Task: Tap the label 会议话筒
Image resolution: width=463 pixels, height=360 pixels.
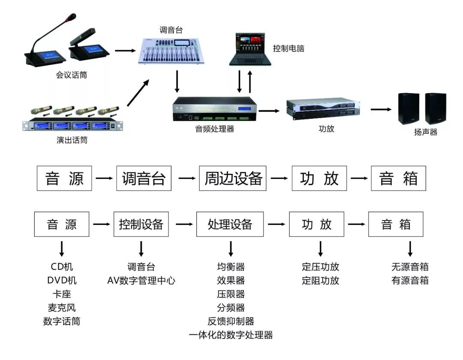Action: click(x=72, y=75)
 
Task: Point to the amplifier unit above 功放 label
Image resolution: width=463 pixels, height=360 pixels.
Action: click(x=321, y=108)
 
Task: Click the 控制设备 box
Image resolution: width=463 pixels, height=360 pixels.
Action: click(x=141, y=224)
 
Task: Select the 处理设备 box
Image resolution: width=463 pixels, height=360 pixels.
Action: click(x=230, y=224)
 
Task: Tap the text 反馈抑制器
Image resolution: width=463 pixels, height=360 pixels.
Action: click(x=231, y=321)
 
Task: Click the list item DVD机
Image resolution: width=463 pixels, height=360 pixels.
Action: click(x=62, y=281)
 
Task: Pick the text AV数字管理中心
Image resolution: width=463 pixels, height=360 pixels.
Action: click(x=141, y=281)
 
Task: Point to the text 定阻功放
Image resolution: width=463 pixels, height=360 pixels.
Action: click(x=320, y=281)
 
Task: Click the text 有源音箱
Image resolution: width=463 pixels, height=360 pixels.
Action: click(x=409, y=281)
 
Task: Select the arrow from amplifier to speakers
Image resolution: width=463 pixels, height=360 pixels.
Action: click(x=381, y=109)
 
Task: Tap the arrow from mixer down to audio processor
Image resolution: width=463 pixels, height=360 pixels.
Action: click(x=177, y=82)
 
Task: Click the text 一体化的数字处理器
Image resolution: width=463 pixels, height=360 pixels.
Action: click(x=231, y=335)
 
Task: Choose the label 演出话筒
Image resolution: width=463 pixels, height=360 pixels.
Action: click(x=72, y=140)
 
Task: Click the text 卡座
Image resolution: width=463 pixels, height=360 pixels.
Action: click(x=62, y=294)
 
